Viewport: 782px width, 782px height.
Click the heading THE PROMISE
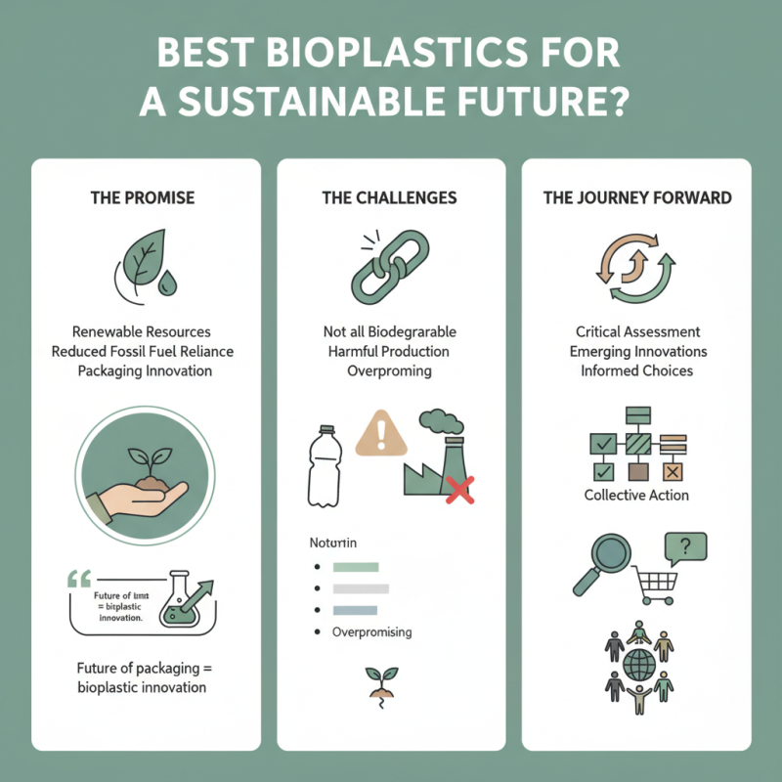(x=143, y=197)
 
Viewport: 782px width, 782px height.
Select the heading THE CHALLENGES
(x=389, y=197)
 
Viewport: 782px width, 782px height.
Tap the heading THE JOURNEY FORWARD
(x=636, y=197)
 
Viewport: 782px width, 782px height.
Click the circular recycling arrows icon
(x=636, y=269)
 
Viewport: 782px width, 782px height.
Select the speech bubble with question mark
(x=684, y=546)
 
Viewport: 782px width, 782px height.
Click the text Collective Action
(x=636, y=495)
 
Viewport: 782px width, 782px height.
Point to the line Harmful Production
(x=390, y=351)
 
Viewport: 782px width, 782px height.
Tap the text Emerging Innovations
(x=636, y=351)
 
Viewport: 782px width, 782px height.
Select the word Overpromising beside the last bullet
(x=372, y=631)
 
